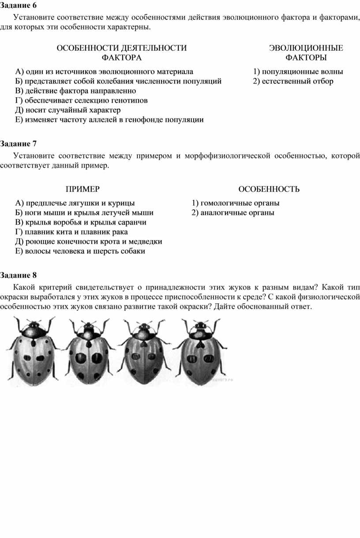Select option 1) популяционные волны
(298, 71)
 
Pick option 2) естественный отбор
(293, 81)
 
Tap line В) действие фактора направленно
(75, 91)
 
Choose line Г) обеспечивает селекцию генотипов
(81, 101)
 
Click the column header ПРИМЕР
(83, 189)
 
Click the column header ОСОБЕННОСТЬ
(269, 189)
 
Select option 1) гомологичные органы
(235, 203)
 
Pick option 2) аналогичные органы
(232, 213)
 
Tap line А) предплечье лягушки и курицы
(75, 203)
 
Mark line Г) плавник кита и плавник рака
(71, 232)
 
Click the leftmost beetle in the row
(34, 351)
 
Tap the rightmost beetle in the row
(201, 351)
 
